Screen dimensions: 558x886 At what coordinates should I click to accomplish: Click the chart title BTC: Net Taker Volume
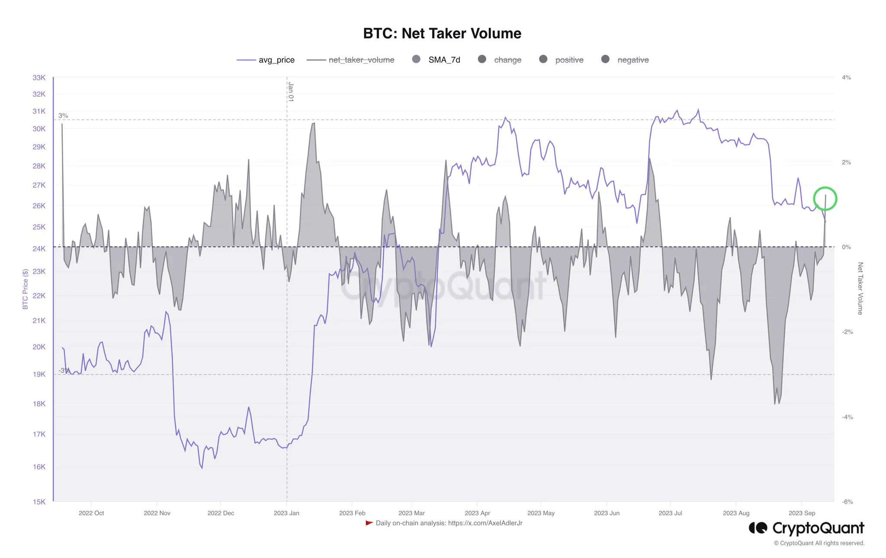tap(442, 33)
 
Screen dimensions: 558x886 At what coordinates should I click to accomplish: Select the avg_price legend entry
tap(266, 60)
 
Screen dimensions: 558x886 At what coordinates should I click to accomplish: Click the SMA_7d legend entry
tap(436, 60)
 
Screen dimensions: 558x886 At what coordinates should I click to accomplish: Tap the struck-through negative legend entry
tap(625, 60)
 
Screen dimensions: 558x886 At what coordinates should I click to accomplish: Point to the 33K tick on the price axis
tap(39, 78)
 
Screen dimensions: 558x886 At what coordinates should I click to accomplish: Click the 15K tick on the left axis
tap(39, 502)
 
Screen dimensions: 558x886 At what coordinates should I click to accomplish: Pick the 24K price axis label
tap(39, 249)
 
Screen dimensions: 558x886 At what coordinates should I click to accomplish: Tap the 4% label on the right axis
tap(846, 78)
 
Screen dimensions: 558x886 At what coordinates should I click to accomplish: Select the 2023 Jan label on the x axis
tap(286, 513)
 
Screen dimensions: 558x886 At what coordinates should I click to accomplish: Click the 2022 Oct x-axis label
tap(91, 513)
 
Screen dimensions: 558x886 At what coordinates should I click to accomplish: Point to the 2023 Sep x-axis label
tap(802, 513)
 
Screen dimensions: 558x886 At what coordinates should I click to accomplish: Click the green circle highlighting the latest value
tap(825, 199)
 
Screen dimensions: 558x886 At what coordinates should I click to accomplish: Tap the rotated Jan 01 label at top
tap(291, 92)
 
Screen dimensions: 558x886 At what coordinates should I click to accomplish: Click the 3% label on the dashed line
tap(63, 115)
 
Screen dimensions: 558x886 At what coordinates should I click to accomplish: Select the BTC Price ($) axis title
tap(25, 289)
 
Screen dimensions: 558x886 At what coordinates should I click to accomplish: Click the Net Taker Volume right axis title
tap(860, 289)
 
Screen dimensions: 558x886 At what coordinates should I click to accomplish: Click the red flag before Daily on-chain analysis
tap(369, 523)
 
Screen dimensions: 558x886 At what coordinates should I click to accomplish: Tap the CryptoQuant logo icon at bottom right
tap(758, 528)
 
